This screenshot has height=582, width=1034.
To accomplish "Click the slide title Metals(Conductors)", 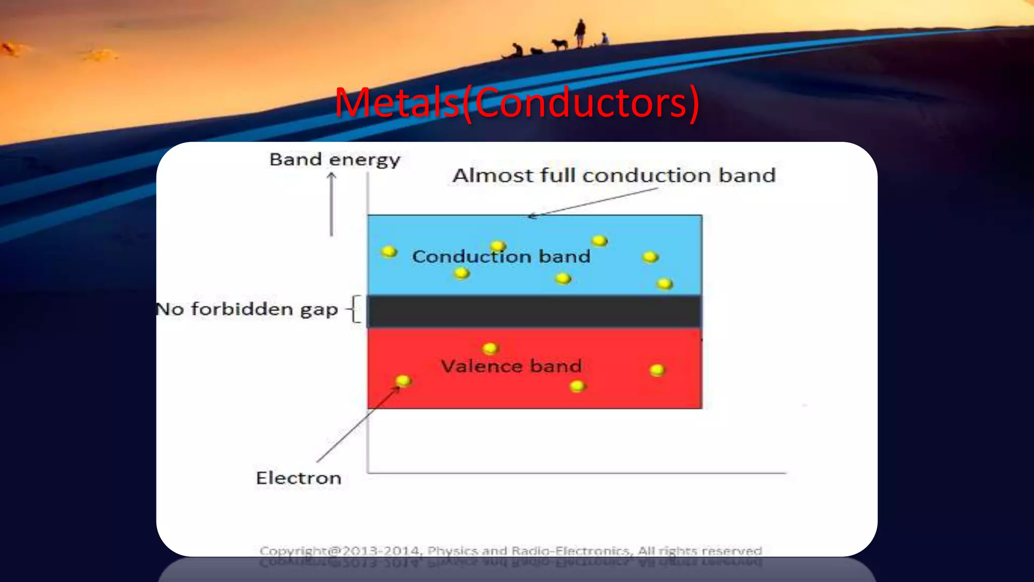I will coord(517,103).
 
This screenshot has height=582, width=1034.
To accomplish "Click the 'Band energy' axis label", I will coord(335,160).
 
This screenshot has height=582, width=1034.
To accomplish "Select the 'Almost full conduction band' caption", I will coord(613,175).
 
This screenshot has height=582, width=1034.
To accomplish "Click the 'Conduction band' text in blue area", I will coord(501,257).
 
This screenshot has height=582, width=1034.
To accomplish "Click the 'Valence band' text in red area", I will coord(511,366).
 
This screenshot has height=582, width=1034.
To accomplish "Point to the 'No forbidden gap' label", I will coord(247,309).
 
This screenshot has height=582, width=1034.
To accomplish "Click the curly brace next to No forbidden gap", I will coord(355,309).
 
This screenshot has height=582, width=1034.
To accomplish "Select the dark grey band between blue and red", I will coord(534,312).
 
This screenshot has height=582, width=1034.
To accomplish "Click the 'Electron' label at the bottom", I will coord(298,478).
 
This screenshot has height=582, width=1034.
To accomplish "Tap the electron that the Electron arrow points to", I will coord(403,380).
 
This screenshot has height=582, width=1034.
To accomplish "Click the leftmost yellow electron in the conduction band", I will coord(389,251).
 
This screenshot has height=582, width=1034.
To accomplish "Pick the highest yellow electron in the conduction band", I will coord(599,240).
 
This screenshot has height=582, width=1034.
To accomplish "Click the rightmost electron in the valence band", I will coord(657,370).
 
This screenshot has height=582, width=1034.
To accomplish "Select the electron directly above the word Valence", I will coord(490,348).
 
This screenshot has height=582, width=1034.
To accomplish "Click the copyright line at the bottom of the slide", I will coord(510,551).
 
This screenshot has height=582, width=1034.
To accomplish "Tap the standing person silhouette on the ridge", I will coord(580,33).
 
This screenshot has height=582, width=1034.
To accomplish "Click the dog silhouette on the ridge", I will coord(559,44).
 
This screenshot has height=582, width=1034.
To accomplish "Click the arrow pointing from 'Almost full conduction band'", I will coord(593,202).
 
